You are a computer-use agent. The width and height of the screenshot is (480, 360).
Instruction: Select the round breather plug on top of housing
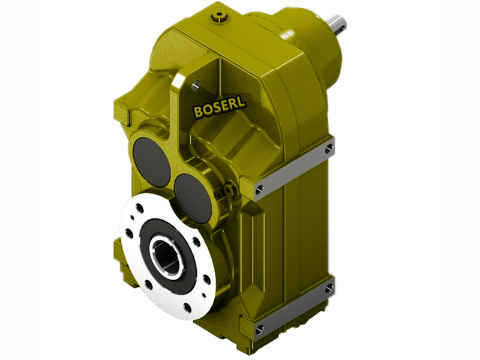point(220,19)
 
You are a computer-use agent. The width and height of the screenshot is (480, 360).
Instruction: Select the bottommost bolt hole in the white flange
point(188,308)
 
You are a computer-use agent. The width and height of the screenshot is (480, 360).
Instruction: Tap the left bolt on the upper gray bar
point(259,189)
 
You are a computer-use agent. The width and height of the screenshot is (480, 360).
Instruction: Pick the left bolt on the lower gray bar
point(259,329)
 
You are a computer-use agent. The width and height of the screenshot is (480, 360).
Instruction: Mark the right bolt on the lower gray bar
point(329,289)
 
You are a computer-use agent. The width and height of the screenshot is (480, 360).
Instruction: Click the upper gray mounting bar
point(294,167)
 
